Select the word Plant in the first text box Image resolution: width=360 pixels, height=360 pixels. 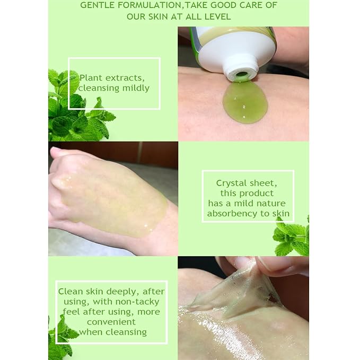click(91, 78)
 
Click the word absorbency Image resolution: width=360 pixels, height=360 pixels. click(232, 214)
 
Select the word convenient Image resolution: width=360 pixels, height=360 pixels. click(111, 322)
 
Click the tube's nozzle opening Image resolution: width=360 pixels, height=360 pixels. click(241, 75)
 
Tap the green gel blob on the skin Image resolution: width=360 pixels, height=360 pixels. click(245, 103)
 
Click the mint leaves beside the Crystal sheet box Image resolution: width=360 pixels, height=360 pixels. click(292, 236)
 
